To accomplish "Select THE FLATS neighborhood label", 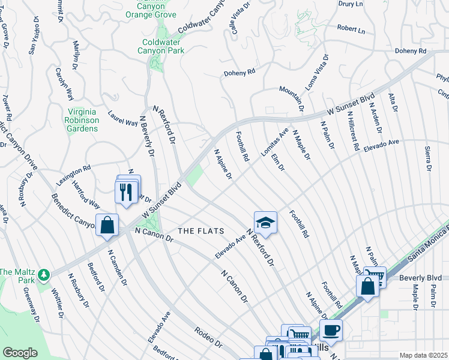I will tap(200, 231).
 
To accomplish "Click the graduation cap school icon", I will tap(265, 223).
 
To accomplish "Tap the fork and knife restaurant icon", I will tap(125, 191).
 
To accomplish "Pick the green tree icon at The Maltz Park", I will tap(43, 275).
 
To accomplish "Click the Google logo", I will tap(20, 353).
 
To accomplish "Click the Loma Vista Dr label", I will tap(317, 72).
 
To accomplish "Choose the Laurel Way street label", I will tap(122, 118).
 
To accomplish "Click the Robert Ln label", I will tap(351, 28).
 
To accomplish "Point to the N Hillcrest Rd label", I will tap(353, 130).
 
